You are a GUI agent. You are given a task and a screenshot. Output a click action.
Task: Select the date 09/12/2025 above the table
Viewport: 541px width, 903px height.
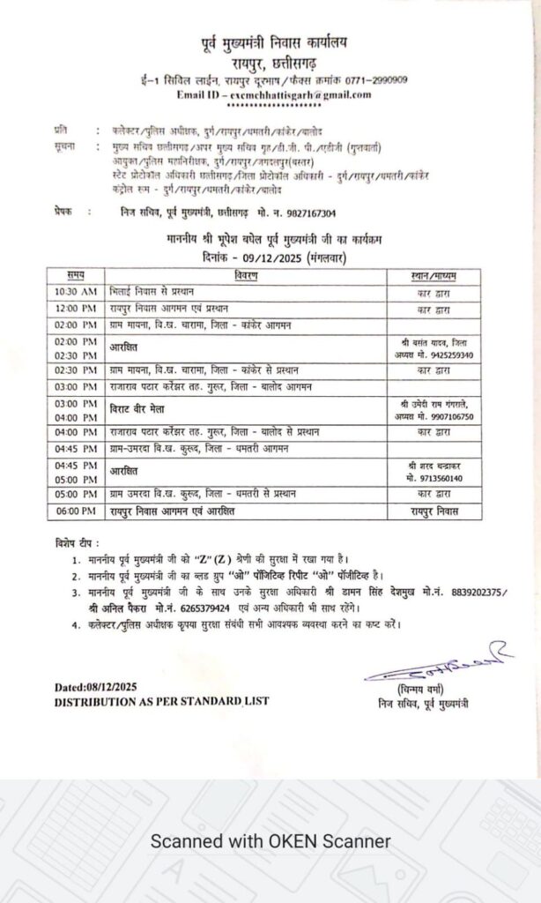(x=265, y=257)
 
